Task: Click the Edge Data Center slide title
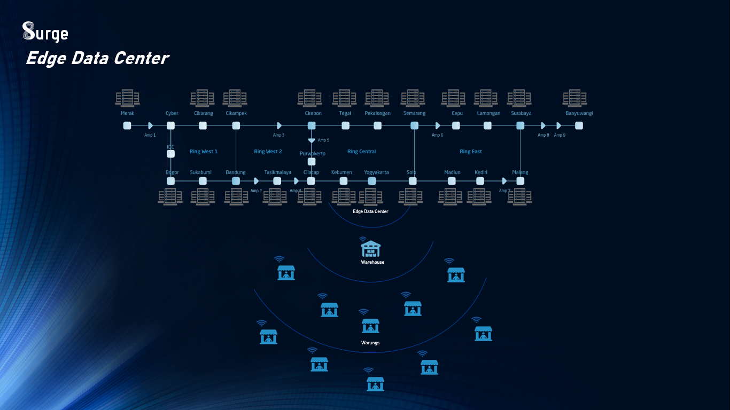[97, 58]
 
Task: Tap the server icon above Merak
[127, 98]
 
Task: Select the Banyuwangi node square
[579, 125]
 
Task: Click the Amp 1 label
[150, 135]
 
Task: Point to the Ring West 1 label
[204, 152]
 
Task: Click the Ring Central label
[361, 152]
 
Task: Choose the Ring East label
[471, 152]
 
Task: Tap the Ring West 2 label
[268, 152]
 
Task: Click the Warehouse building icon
[371, 249]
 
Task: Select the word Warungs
[370, 343]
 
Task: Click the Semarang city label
[414, 113]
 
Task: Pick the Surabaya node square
[521, 125]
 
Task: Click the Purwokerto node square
[312, 161]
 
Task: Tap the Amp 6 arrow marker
[438, 125]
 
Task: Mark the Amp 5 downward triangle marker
[312, 140]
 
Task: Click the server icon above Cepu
[453, 98]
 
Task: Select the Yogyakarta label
[376, 172]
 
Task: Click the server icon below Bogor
[170, 196]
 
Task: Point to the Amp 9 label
[560, 135]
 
